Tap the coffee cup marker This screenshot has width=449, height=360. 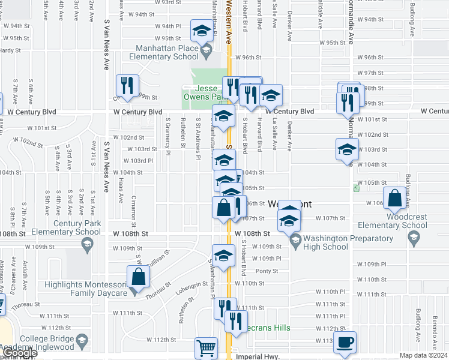345,342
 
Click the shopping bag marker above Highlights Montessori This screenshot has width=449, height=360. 138,277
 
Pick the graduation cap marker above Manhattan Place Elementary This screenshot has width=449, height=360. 202,30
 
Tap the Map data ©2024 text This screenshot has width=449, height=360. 424,355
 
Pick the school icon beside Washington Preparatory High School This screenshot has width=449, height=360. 295,241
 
